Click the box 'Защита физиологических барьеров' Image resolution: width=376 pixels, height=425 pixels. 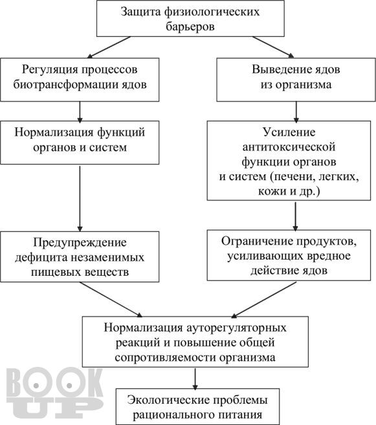click(x=190, y=19)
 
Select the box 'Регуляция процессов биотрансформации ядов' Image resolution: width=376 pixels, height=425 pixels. click(x=80, y=79)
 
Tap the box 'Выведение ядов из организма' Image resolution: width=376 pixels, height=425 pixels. click(x=296, y=79)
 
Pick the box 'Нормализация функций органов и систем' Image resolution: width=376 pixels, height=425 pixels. click(x=80, y=143)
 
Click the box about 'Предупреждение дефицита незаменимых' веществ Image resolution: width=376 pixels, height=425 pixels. click(x=80, y=256)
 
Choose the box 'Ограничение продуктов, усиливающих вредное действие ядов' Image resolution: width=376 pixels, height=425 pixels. click(x=289, y=255)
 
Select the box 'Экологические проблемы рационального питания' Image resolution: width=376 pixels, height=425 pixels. click(x=197, y=406)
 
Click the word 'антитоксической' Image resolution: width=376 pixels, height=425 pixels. click(x=289, y=147)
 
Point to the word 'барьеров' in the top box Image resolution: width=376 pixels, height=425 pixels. click(x=190, y=26)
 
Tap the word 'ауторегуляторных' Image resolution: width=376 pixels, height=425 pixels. click(x=237, y=328)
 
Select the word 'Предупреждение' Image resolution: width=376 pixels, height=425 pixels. click(x=80, y=242)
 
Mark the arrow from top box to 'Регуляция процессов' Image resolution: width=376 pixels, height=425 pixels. click(x=109, y=47)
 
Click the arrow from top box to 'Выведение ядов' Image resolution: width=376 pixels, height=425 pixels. click(x=273, y=47)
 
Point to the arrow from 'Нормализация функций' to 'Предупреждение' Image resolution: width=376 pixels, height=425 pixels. click(x=80, y=199)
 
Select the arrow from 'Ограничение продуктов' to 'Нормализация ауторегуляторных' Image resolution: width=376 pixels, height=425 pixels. click(x=263, y=300)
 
